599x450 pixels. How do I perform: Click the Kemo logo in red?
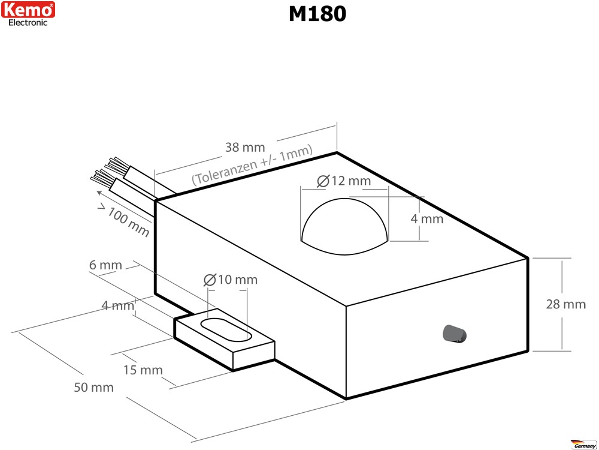tap(28, 10)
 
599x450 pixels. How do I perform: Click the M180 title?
tap(317, 14)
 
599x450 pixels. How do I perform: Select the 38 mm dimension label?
tap(245, 148)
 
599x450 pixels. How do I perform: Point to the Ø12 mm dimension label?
tap(344, 181)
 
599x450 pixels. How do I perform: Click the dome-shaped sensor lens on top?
tap(345, 226)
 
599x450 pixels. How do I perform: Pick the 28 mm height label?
tap(565, 304)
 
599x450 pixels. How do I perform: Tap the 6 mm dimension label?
tap(105, 265)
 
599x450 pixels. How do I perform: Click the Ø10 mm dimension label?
tap(231, 280)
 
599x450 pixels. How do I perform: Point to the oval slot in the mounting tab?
tap(226, 330)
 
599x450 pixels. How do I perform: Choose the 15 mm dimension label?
tap(143, 370)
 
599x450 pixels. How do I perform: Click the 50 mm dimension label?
tap(93, 387)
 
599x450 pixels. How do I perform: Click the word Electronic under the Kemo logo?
tap(28, 23)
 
